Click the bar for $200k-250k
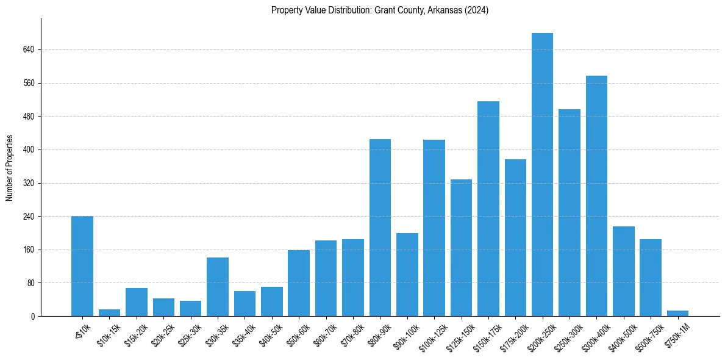542,175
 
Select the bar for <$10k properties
82,266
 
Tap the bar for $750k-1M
677,314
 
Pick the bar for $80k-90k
380,228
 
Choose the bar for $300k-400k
596,196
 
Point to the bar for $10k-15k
109,313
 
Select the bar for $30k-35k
218,287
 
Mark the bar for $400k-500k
623,272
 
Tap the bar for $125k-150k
461,248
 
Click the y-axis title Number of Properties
9,167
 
